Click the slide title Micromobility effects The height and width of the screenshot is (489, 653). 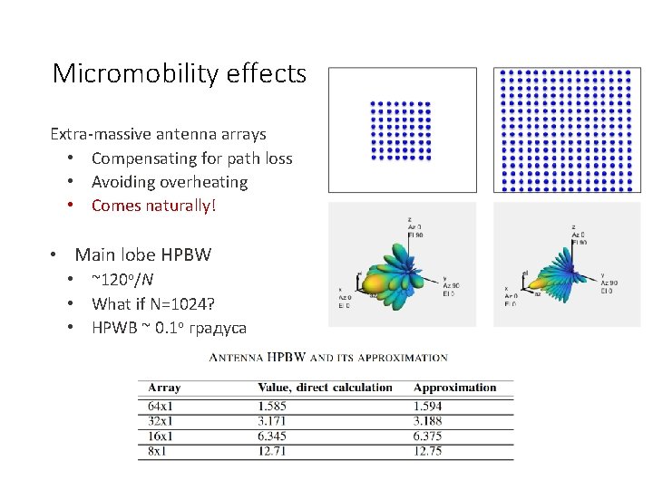[x=180, y=73]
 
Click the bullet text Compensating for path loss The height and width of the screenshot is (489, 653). [x=191, y=158]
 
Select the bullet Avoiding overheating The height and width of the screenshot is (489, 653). [x=169, y=182]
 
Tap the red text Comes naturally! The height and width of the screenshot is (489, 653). [x=154, y=206]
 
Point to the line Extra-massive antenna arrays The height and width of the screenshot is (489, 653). [x=158, y=134]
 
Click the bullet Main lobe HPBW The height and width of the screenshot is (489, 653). [x=142, y=254]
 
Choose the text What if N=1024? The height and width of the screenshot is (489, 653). [x=152, y=303]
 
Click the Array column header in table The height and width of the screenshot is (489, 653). [x=164, y=388]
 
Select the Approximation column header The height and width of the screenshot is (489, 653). [x=454, y=388]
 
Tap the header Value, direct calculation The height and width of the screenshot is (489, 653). [x=325, y=388]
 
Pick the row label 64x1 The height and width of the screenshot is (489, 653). [x=161, y=407]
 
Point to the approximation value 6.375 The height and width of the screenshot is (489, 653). [x=428, y=436]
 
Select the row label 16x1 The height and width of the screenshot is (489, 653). [x=161, y=436]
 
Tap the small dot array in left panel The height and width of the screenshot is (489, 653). [x=401, y=130]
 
